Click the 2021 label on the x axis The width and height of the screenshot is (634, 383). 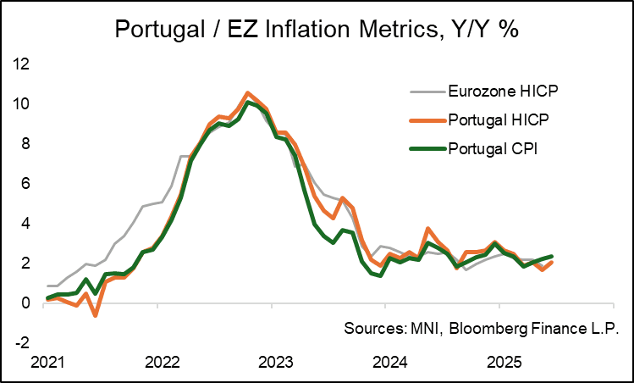47,363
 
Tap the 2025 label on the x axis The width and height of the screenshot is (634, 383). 499,363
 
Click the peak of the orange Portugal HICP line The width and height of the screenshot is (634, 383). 247,93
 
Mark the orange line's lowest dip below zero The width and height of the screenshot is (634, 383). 96,315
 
